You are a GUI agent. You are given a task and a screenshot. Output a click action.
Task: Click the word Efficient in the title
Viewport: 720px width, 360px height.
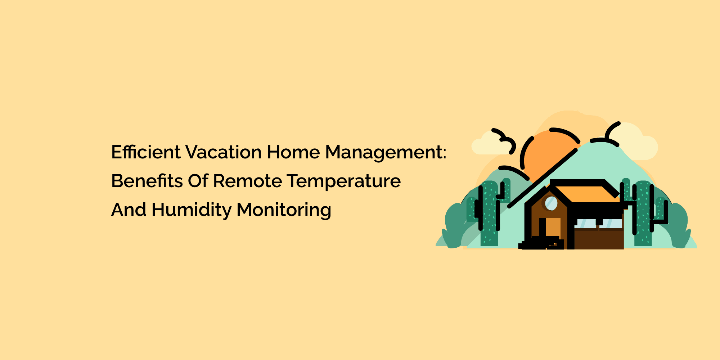tap(146, 152)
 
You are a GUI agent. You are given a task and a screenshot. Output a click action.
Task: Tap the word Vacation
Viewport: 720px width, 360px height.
tap(224, 152)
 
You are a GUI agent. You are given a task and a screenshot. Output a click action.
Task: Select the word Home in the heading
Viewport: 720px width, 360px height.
tap(293, 152)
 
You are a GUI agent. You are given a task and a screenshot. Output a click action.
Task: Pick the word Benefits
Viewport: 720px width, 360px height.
tap(147, 181)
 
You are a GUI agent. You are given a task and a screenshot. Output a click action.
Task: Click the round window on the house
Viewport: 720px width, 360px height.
tap(551, 203)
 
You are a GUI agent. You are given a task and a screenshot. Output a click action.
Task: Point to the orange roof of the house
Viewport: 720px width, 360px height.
tap(587, 194)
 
